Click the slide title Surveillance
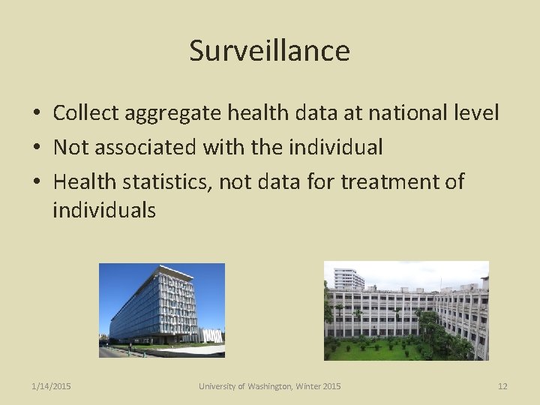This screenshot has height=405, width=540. pyautogui.click(x=269, y=51)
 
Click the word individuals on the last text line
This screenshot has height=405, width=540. pyautogui.click(x=104, y=211)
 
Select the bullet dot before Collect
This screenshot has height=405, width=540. pyautogui.click(x=36, y=114)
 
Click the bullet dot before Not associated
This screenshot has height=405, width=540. pyautogui.click(x=36, y=148)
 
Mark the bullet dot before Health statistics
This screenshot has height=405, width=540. pyautogui.click(x=36, y=182)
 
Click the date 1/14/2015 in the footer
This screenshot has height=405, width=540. pyautogui.click(x=52, y=386)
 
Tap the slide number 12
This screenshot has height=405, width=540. pyautogui.click(x=502, y=386)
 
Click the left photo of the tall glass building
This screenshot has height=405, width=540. pyautogui.click(x=162, y=310)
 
